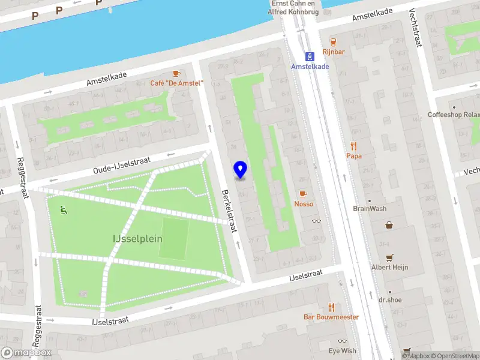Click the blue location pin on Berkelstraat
coord(240,170)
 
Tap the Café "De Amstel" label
coord(177,83)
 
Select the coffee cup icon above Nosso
coord(302,193)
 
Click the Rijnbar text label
coord(334,52)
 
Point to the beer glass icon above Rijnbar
coord(334,41)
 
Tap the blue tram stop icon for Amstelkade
coord(310,56)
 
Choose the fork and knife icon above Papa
coord(353,146)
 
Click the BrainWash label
coord(370,209)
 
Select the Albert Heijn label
coord(389,267)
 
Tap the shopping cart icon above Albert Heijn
coord(389,257)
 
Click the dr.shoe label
coord(389,299)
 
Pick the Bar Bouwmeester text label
coord(331,317)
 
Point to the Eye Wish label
coord(342,350)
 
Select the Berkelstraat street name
coord(229,210)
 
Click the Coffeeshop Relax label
coord(454,115)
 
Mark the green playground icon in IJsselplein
coord(63,209)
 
